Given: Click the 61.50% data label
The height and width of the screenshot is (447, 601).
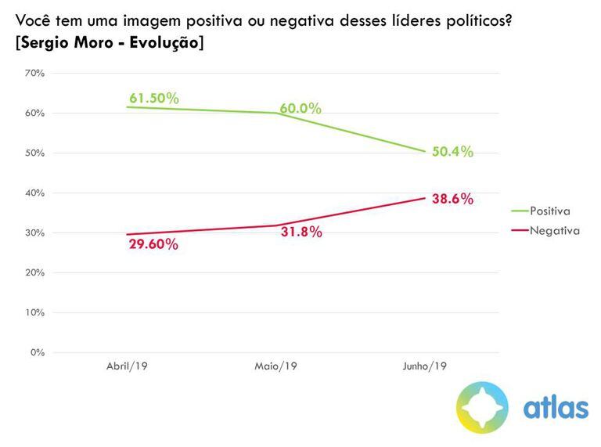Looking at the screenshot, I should coord(155,99).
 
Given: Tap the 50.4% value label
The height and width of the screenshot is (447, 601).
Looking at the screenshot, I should coord(452,152).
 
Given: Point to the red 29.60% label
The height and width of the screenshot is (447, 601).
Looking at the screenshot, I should coord(154,244).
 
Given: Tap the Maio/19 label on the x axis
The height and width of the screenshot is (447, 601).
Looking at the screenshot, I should coord(275,366).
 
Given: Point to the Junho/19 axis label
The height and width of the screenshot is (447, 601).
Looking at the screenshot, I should coord(425,366).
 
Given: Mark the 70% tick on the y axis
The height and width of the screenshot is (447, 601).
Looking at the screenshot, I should coord(34,73).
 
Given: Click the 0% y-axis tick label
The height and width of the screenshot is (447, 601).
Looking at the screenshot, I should coord(38,352).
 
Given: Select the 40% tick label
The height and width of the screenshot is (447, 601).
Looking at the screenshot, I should coord(34,193).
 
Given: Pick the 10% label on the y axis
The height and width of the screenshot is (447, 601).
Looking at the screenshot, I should coord(34,312).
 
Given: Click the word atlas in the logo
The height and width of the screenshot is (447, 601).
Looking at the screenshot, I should coord(556,408).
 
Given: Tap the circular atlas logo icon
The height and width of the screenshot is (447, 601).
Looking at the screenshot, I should coord(483,407).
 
